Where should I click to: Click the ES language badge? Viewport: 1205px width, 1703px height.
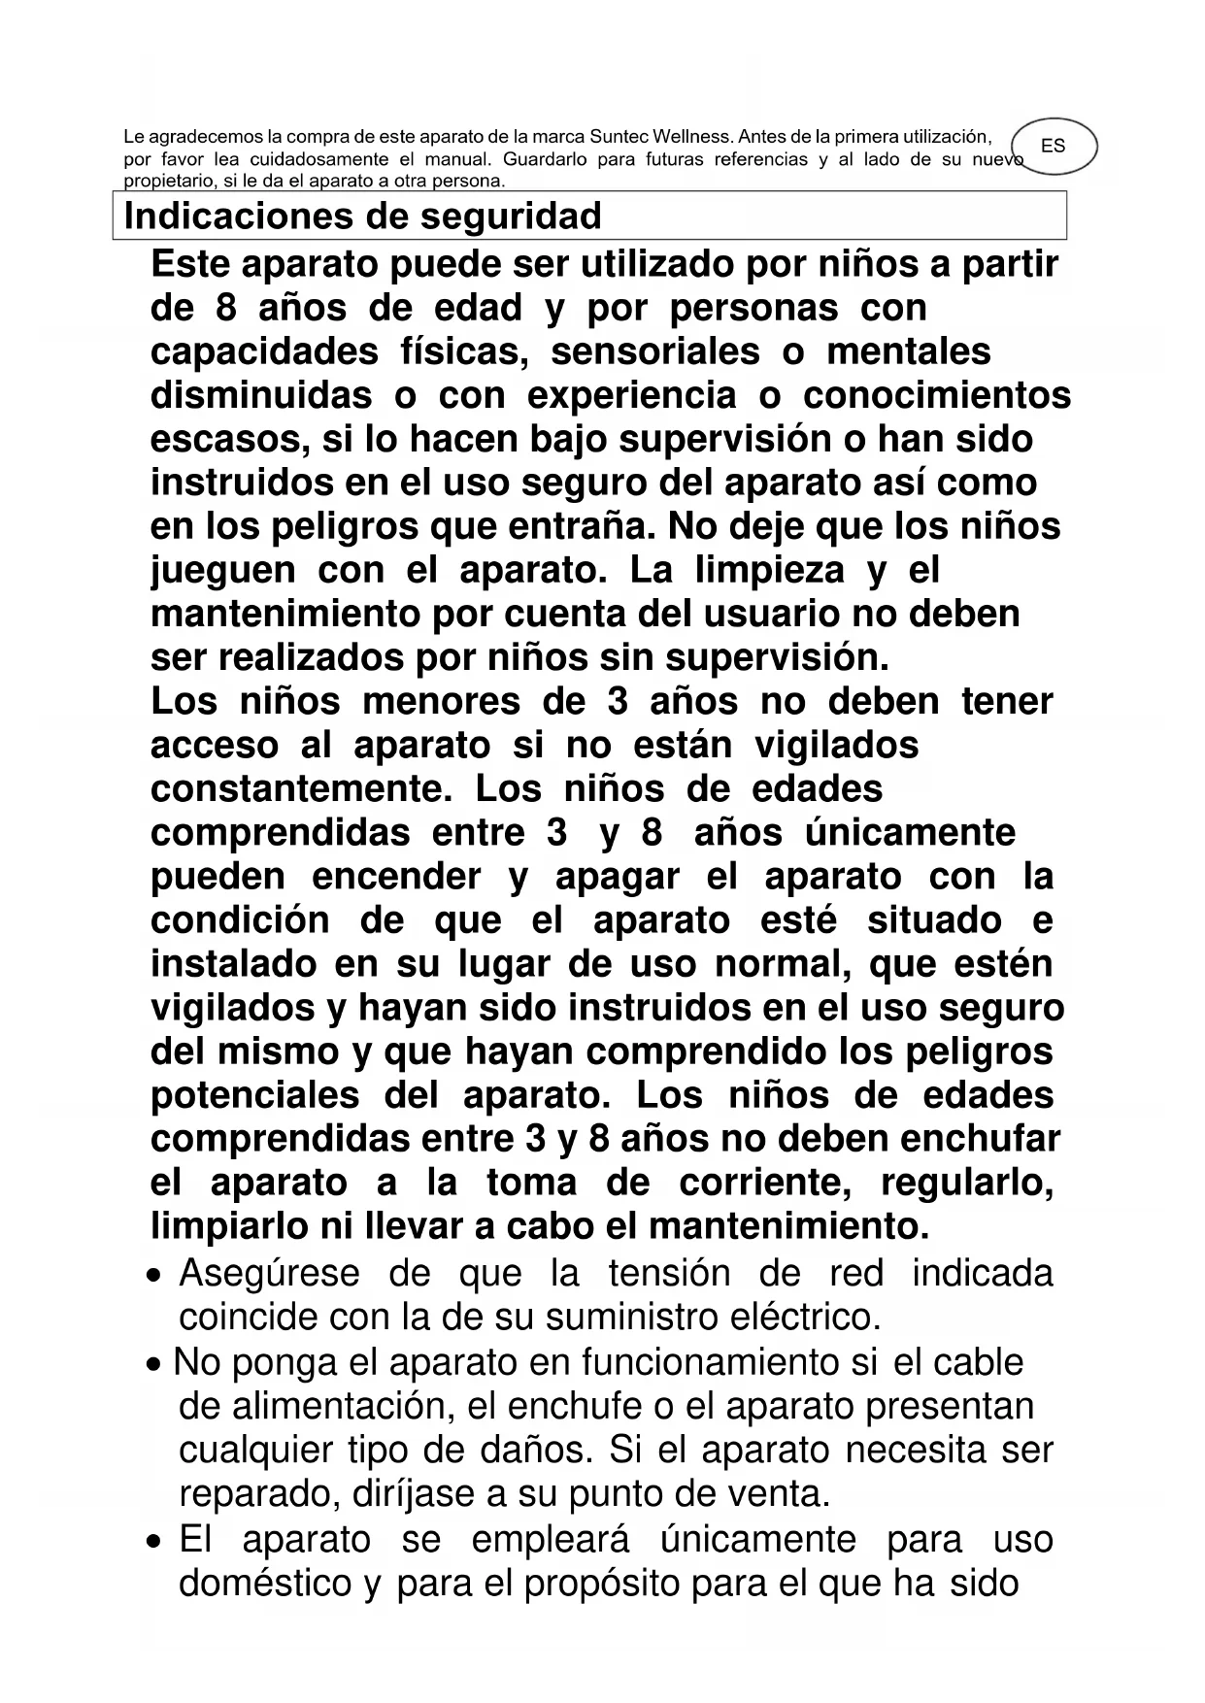(1053, 147)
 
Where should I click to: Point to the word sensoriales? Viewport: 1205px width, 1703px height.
(655, 351)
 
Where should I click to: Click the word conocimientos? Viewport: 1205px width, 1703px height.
(937, 395)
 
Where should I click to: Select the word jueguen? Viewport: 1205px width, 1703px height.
(223, 570)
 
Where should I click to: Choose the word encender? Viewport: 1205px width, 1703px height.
(396, 876)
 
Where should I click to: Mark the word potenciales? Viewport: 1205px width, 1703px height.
(254, 1095)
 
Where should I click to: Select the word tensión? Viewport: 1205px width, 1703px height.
(669, 1273)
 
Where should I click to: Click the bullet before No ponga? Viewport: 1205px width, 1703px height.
(155, 1364)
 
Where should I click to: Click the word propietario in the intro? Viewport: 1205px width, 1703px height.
(165, 181)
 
